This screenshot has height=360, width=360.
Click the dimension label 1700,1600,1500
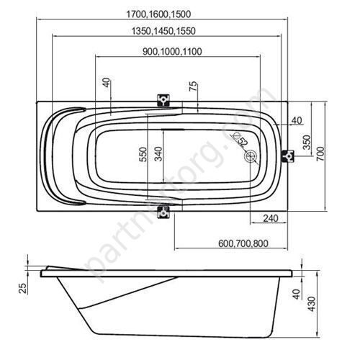coord(158,14)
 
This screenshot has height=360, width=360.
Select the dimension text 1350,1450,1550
coord(163,31)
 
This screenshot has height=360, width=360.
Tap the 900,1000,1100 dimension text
coord(172,52)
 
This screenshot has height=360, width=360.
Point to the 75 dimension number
coord(193,86)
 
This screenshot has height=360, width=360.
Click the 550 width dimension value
coord(143,154)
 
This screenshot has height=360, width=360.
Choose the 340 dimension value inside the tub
coord(158,154)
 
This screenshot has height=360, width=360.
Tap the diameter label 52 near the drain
coord(243,143)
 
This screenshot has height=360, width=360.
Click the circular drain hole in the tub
coord(251,156)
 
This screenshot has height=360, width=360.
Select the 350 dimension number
coord(307,142)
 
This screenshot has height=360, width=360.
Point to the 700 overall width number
coord(320,153)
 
